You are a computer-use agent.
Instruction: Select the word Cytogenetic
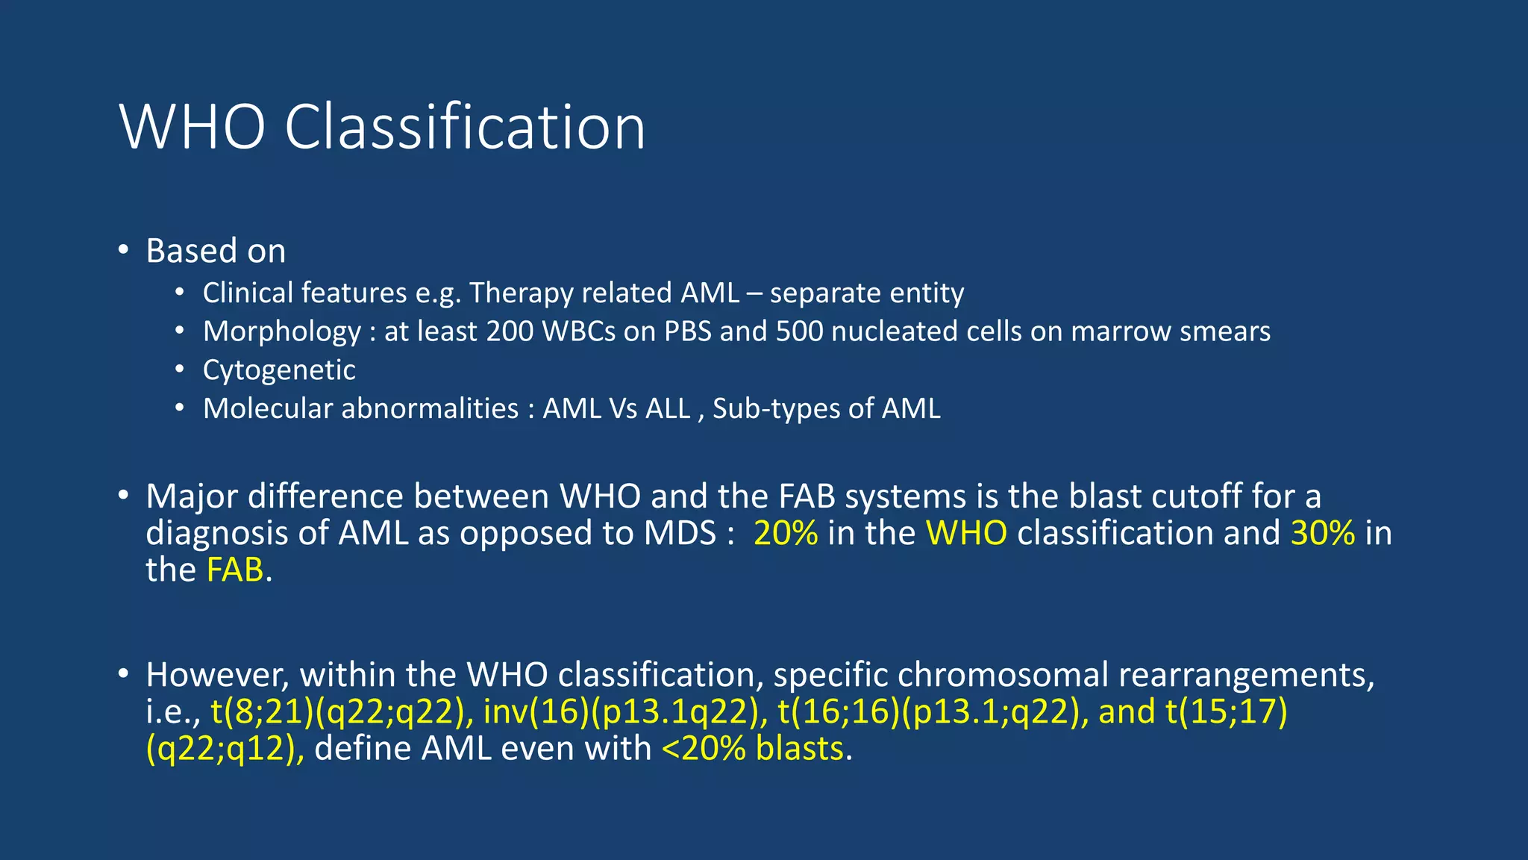[x=279, y=370]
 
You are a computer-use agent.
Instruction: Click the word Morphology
[x=282, y=331]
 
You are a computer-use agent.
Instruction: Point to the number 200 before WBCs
[x=510, y=331]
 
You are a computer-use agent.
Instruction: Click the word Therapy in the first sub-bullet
[x=521, y=293]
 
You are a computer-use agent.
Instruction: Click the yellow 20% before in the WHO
[x=785, y=534]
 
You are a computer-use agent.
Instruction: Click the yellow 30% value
[x=1322, y=534]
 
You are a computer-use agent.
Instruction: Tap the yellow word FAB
[x=234, y=570]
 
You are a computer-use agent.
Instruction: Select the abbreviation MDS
[x=680, y=534]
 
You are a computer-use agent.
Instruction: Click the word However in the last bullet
[x=217, y=675]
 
